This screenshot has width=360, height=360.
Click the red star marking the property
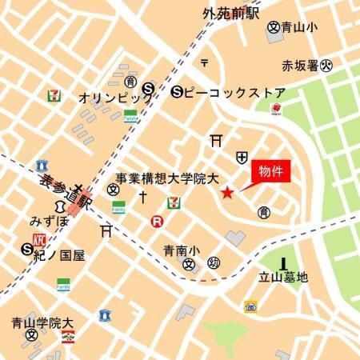click(227, 193)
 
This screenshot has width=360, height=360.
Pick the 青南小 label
click(178, 249)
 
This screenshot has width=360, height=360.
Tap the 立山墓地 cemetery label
click(284, 278)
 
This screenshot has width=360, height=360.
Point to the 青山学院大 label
click(42, 324)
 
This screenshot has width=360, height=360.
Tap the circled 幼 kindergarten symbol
click(214, 263)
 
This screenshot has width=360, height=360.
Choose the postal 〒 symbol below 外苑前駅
click(205, 62)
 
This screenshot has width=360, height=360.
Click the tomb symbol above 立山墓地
click(284, 262)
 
